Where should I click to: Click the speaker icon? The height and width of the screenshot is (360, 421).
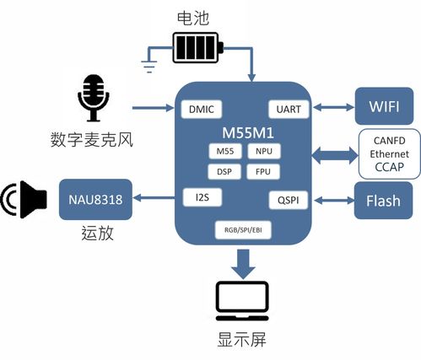(x=25, y=200)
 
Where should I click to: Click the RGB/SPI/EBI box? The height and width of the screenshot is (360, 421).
(x=242, y=228)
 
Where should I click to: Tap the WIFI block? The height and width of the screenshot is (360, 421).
(x=384, y=107)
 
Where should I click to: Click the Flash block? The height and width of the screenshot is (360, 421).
(x=384, y=201)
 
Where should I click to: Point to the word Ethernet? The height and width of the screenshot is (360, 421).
(x=390, y=154)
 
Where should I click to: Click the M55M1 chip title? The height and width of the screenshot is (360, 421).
(x=242, y=132)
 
